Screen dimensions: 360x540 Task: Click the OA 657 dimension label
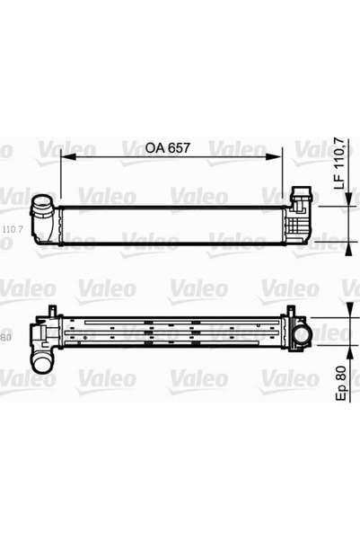(x=167, y=147)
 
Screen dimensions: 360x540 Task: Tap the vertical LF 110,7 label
(x=339, y=164)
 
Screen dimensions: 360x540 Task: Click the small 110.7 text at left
(x=13, y=229)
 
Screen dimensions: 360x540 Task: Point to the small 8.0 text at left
(x=6, y=338)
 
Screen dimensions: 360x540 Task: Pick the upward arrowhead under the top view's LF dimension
(x=349, y=248)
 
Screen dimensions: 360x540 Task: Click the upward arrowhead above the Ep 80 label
(x=349, y=353)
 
